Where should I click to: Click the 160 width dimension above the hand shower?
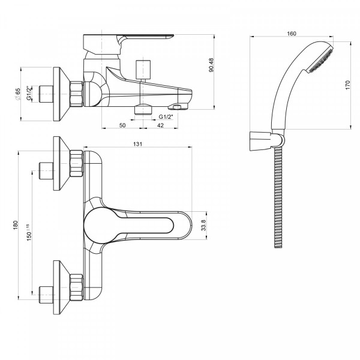(x=292, y=34)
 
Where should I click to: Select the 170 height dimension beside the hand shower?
(x=347, y=85)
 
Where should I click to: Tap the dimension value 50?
(x=122, y=125)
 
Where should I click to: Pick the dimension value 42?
(x=160, y=125)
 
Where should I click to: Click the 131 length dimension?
(x=137, y=144)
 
